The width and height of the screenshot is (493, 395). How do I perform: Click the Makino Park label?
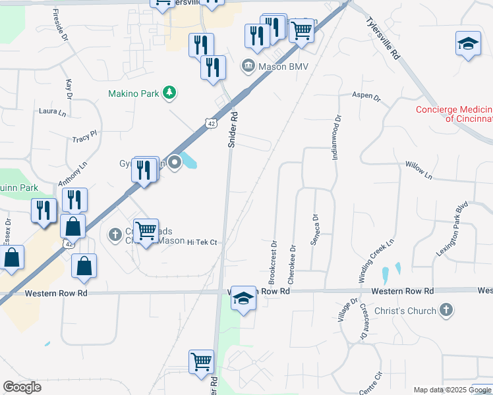point(134,94)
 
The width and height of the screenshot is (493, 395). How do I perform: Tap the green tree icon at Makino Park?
point(170,93)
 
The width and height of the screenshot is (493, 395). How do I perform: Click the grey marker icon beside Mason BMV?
point(248,65)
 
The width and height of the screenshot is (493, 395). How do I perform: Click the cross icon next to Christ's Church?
point(446,310)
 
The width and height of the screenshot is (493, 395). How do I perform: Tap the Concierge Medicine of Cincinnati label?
point(454,114)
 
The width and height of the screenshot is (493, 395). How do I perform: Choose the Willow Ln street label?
point(419,171)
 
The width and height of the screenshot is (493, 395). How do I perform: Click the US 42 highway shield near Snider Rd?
point(210,123)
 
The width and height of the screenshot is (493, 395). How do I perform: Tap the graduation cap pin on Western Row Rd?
point(243,299)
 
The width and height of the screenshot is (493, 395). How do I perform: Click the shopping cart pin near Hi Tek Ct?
point(146,231)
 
